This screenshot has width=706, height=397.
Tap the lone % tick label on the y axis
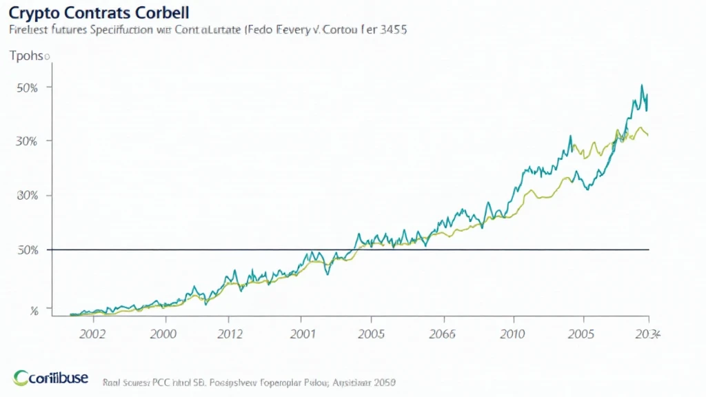click(x=34, y=311)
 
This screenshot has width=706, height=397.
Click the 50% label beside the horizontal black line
click(x=27, y=250)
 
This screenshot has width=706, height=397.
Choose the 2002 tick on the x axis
click(x=92, y=334)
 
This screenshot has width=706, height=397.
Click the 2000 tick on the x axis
click(x=164, y=334)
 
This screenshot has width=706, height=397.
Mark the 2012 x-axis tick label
click(x=230, y=334)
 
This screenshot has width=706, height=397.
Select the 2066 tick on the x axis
click(x=442, y=334)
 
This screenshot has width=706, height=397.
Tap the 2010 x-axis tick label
click(x=513, y=334)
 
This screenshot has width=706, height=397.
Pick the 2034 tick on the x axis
click(x=647, y=334)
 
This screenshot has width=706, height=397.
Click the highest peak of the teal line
click(x=642, y=85)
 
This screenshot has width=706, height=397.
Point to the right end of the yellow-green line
click(x=647, y=135)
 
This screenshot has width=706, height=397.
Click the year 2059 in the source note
click(x=384, y=381)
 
